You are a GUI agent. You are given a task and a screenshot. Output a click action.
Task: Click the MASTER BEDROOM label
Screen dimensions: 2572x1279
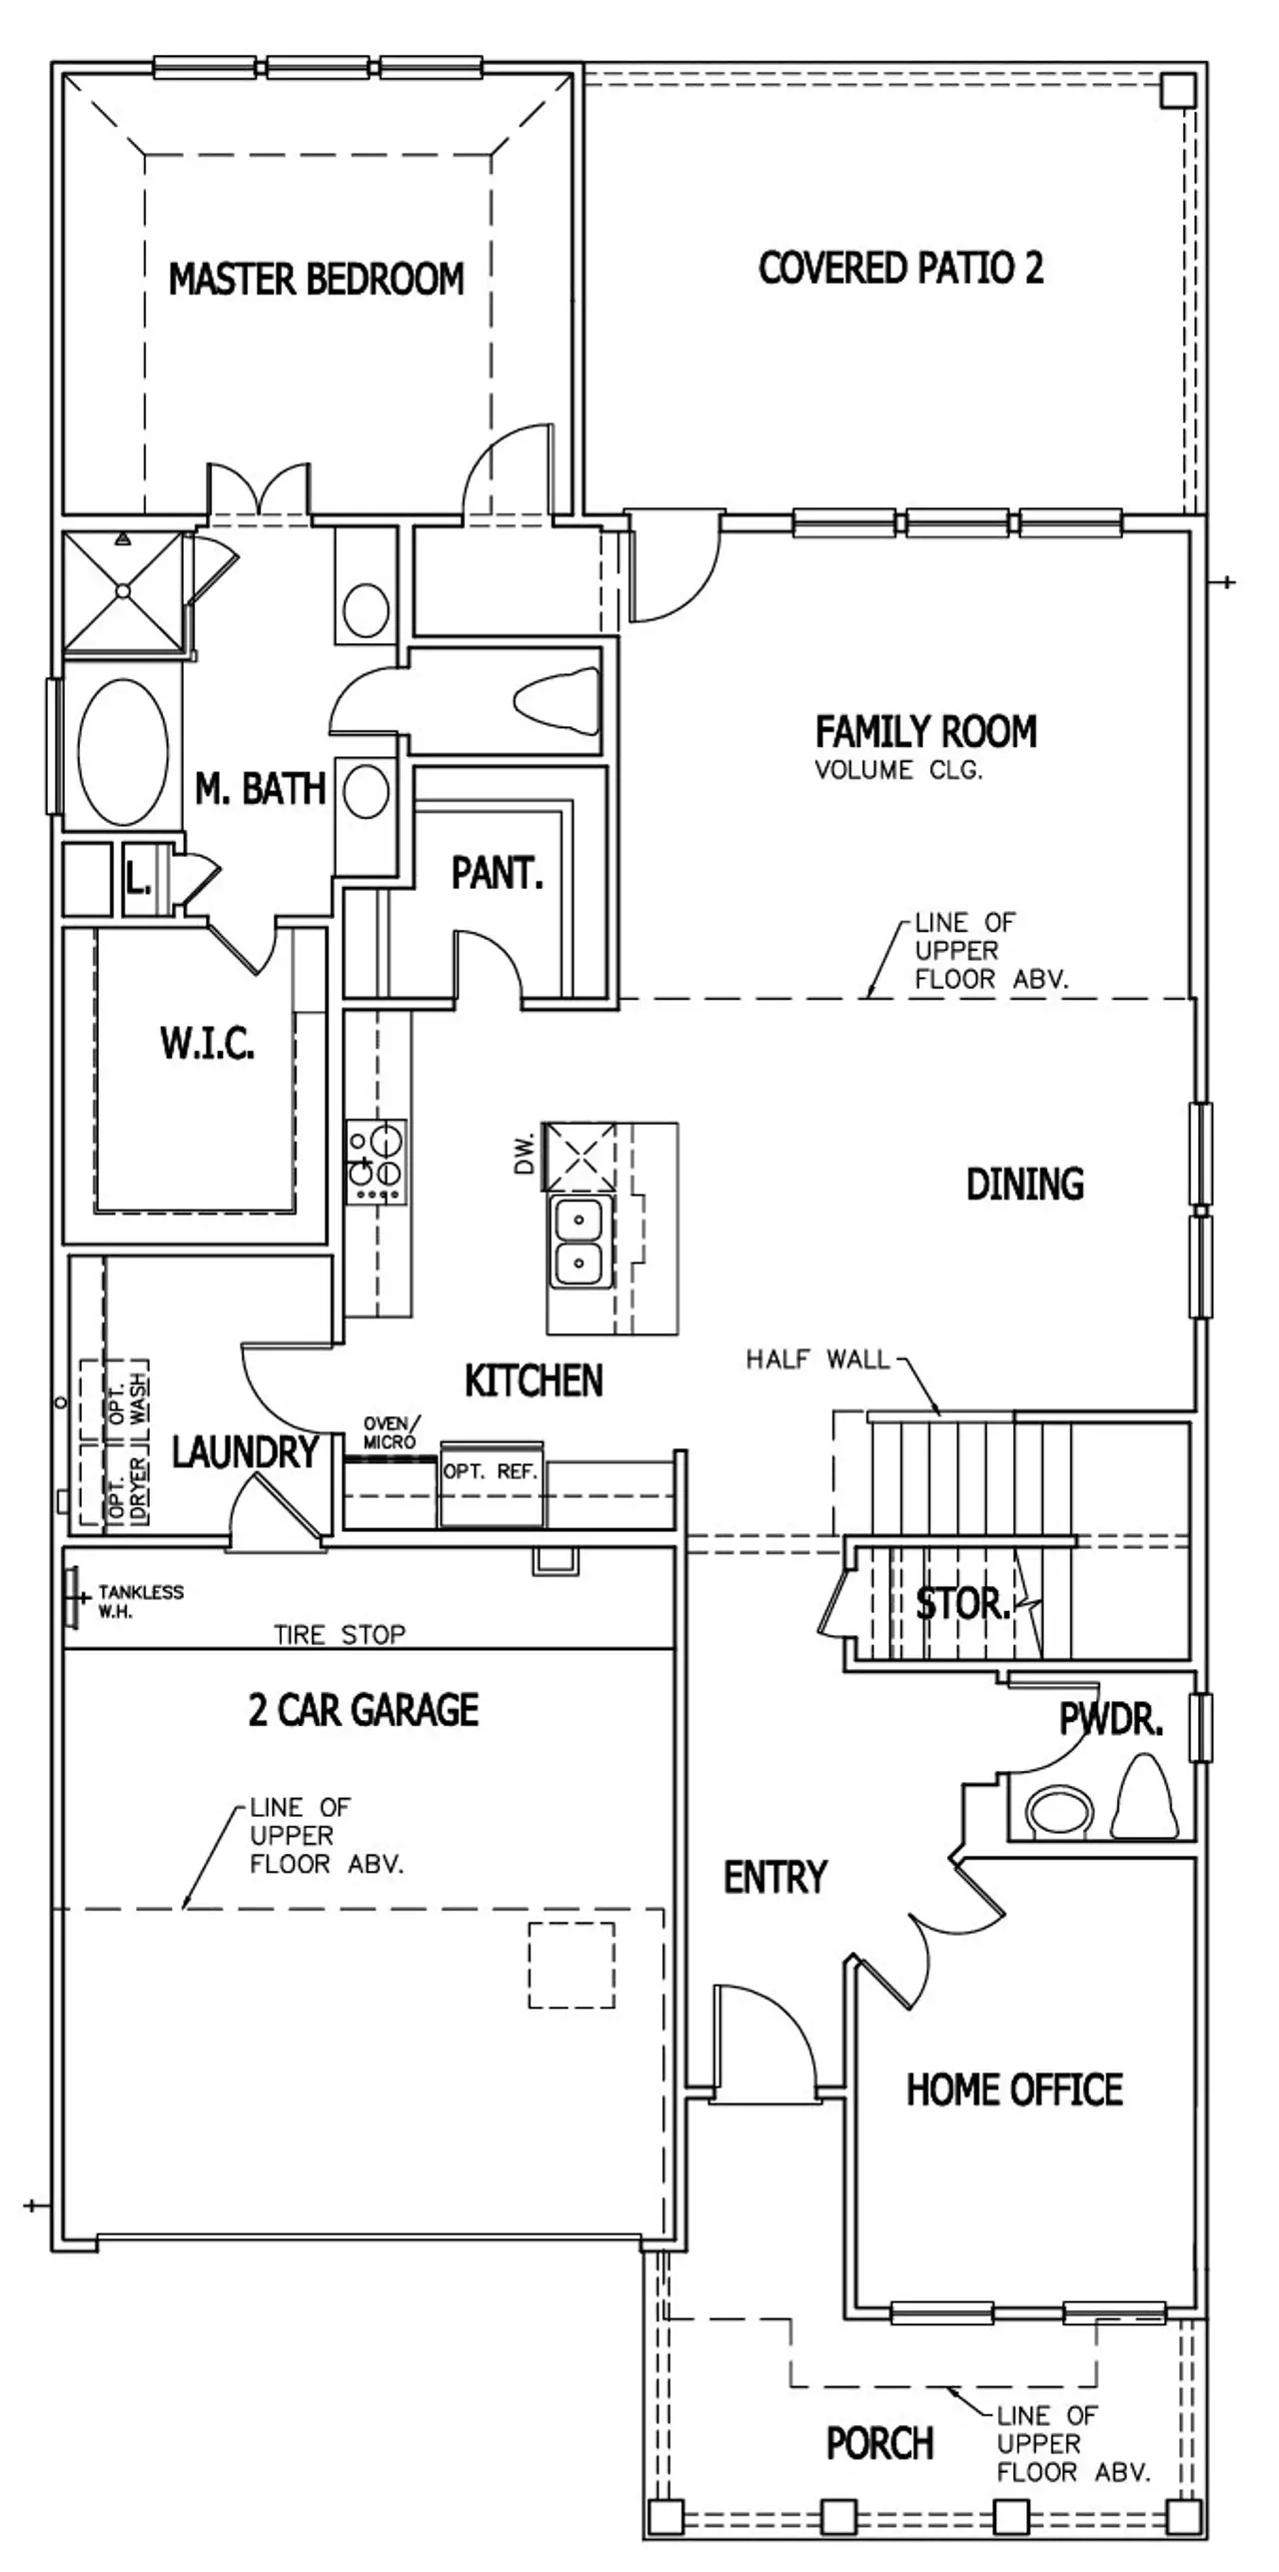coord(316,279)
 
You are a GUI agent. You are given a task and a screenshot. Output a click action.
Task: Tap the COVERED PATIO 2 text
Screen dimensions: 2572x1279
coord(900,268)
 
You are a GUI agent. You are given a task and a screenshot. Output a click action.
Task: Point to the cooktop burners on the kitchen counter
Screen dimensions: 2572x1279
coord(377,1162)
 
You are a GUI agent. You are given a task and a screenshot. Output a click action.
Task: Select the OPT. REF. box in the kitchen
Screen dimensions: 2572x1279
coord(491,1471)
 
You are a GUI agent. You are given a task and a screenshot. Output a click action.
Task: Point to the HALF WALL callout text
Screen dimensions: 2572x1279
coord(817,1359)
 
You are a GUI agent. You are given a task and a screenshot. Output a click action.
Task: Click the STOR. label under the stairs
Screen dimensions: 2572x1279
coord(962,1603)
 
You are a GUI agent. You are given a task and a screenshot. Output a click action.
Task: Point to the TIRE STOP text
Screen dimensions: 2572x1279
coord(340,1635)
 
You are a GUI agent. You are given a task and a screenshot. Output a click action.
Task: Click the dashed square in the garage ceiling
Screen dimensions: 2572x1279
coord(571,1965)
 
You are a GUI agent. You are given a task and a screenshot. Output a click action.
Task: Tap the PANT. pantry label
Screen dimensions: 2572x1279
coord(497,874)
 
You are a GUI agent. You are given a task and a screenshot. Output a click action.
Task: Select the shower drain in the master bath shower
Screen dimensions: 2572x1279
coord(123,591)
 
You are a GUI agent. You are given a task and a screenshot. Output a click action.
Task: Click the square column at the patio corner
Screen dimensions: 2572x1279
coord(1177,91)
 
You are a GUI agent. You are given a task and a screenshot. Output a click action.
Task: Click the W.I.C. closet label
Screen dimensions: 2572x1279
coord(208,1044)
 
